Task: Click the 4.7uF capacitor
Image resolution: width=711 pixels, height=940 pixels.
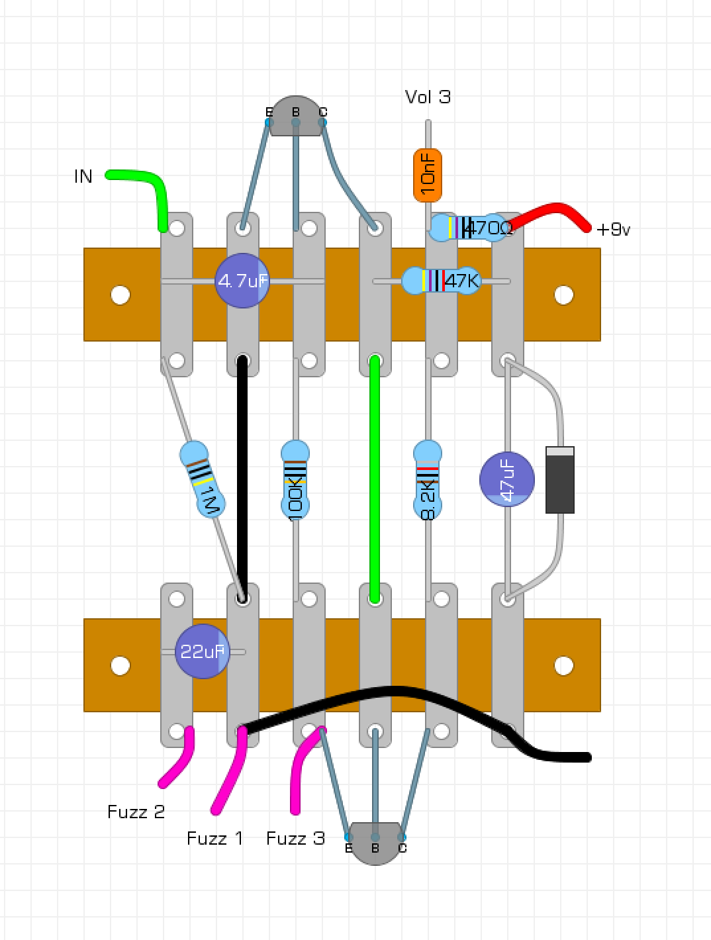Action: click(x=242, y=281)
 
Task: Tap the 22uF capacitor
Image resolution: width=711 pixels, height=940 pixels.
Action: click(x=202, y=651)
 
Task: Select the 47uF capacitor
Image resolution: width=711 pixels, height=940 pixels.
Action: click(x=507, y=479)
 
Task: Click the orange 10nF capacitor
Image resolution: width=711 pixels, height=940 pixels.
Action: click(x=428, y=175)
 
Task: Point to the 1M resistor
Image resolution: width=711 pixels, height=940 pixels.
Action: click(x=203, y=479)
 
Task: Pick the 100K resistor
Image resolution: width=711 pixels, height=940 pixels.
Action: click(x=295, y=479)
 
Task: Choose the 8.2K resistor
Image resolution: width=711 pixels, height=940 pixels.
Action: click(x=428, y=479)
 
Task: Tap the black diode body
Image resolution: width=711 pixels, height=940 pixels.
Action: click(x=560, y=480)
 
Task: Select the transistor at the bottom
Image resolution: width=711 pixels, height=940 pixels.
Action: click(x=375, y=843)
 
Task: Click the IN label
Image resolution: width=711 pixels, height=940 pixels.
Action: click(x=83, y=177)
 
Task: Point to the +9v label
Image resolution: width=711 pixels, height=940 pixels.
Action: click(x=613, y=230)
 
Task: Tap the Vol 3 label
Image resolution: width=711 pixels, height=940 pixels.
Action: click(x=428, y=97)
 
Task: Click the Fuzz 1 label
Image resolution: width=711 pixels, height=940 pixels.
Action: click(x=214, y=839)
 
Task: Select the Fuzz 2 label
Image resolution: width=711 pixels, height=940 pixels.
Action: click(x=136, y=812)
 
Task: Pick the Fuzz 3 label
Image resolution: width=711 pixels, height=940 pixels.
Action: click(x=295, y=839)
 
